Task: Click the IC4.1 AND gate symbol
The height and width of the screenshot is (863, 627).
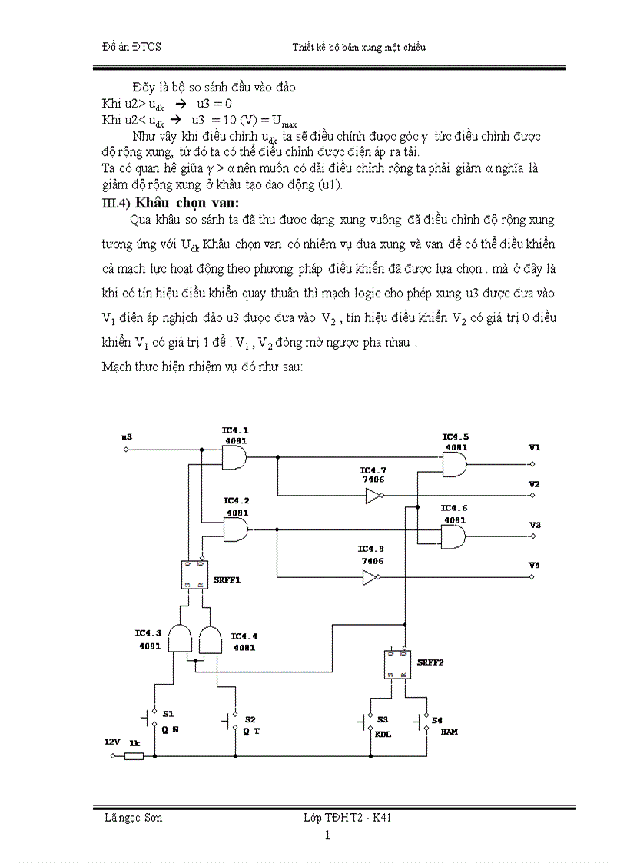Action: pos(234,459)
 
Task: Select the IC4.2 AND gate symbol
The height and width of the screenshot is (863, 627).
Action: pos(235,528)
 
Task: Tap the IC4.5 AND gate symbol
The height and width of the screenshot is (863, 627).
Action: pos(454,463)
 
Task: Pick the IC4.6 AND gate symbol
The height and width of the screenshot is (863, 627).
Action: pos(453,536)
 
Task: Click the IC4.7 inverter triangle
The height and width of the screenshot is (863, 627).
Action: pos(373,496)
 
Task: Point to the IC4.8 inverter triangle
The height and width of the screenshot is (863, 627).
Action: pos(372,577)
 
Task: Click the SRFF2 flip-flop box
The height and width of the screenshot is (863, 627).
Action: pos(397,664)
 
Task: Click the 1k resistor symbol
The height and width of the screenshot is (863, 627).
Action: pos(134,756)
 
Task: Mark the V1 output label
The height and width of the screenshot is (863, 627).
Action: pos(534,447)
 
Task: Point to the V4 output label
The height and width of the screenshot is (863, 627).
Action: pos(534,566)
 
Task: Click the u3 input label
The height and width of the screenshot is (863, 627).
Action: pos(127,437)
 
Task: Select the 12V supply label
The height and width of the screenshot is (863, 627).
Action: pos(111,743)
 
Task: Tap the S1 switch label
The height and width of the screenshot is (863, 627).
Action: pos(168,715)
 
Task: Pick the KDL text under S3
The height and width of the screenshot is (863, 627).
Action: pos(383,733)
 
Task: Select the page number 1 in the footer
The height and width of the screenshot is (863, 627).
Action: pos(327,835)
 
